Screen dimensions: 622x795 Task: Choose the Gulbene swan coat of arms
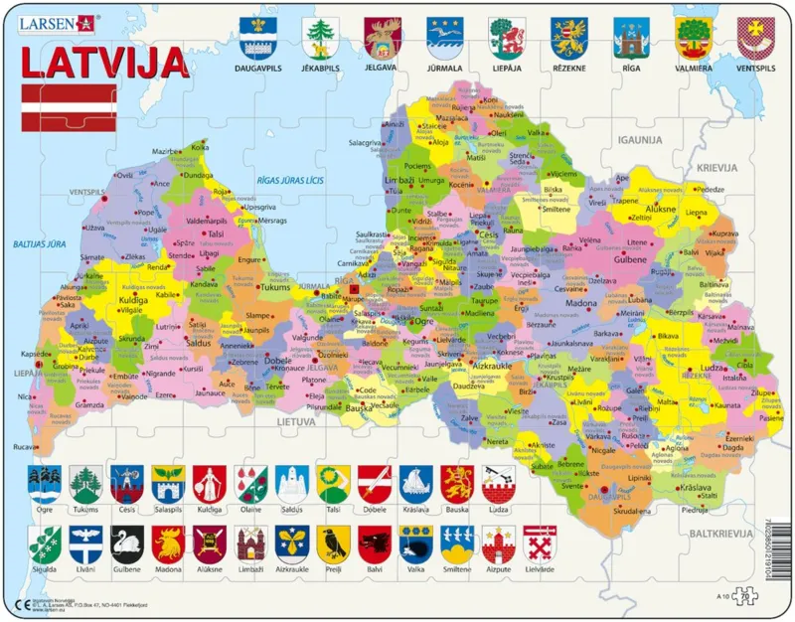click(x=127, y=543)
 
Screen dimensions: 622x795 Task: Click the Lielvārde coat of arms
click(x=540, y=543)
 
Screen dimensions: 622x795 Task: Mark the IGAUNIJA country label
click(x=638, y=141)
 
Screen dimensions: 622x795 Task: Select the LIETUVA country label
click(x=296, y=421)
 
